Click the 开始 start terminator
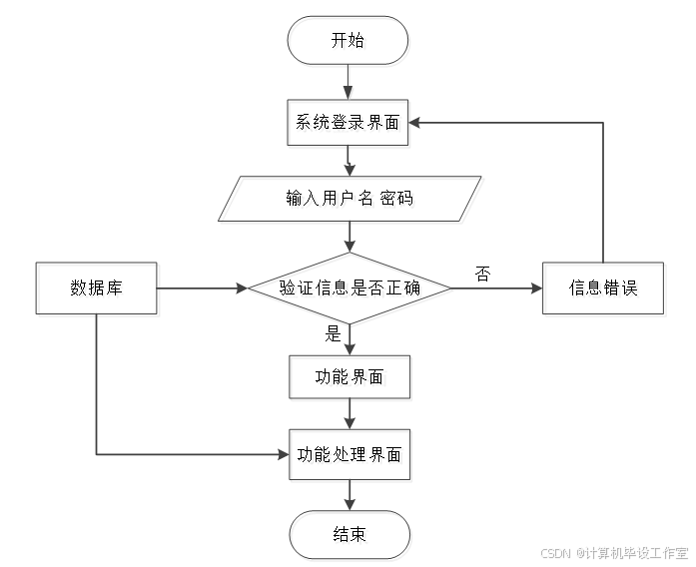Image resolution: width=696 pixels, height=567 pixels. [348, 42]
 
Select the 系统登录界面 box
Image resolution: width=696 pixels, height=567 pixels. [348, 125]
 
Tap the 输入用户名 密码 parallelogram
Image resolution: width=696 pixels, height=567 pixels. [348, 201]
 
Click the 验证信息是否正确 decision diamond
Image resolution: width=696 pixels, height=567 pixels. [350, 289]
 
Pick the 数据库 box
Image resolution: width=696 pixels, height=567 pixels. [97, 289]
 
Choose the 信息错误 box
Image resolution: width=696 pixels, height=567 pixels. [604, 289]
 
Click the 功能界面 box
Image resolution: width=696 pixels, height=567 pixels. [349, 378]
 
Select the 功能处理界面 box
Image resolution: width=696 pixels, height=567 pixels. [349, 456]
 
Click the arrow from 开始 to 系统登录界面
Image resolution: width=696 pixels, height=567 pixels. [348, 82]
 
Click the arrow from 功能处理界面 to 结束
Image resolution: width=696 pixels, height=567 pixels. [349, 496]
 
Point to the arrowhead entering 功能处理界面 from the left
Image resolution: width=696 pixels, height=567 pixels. [285, 455]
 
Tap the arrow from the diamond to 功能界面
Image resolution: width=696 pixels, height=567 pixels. [349, 340]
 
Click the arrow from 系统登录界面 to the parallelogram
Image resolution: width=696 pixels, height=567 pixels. [348, 163]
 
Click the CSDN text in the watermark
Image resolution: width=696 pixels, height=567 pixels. [554, 552]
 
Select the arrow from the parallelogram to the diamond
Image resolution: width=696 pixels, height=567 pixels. [349, 238]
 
